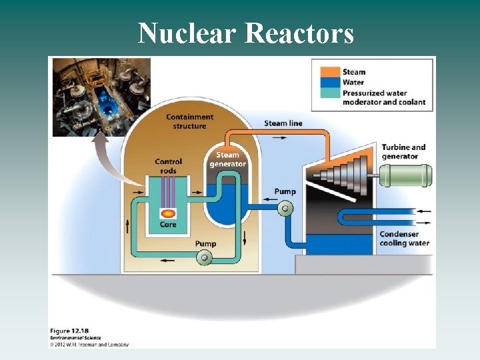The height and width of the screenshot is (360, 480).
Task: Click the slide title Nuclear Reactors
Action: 245,33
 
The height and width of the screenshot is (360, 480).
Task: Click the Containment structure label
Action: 189,121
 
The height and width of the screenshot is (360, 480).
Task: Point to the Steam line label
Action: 283,123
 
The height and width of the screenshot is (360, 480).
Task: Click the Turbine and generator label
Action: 403,152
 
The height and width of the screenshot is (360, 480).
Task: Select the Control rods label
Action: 168,165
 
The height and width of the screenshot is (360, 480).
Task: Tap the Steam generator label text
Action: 228,160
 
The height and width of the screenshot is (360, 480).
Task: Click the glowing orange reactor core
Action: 168,214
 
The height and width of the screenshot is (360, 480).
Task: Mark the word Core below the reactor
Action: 168,225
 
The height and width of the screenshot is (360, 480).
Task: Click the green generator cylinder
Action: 405,175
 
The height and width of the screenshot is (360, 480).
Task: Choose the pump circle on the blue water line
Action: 285,208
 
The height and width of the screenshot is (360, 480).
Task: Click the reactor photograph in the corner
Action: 101,97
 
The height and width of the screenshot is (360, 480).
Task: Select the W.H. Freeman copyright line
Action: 90,345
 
